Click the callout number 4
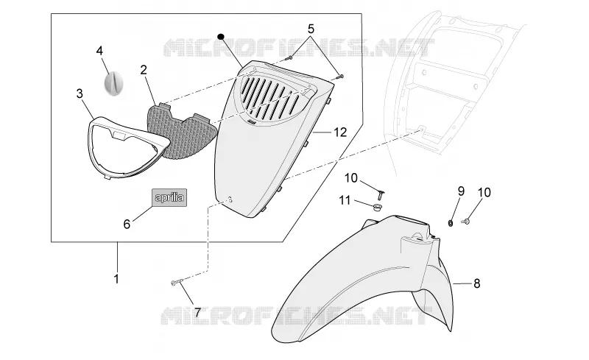click(99, 51)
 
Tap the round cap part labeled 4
click(113, 82)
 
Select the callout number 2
click(144, 70)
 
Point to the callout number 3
click(80, 93)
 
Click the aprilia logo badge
click(169, 197)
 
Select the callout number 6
click(127, 225)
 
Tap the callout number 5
click(311, 29)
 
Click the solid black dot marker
click(221, 37)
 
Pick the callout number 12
click(340, 133)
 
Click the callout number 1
click(116, 279)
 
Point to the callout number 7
click(197, 312)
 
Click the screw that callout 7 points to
click(176, 282)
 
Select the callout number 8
click(476, 283)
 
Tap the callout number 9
click(461, 191)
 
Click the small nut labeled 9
click(451, 223)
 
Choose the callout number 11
click(345, 201)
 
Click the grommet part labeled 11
click(376, 207)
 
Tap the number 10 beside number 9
click(484, 192)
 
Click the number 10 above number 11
click(351, 178)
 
